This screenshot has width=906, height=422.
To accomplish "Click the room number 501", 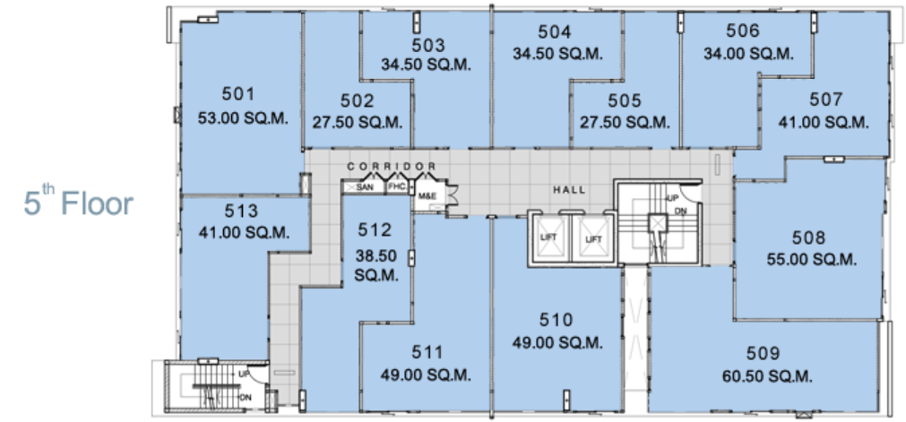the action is coord(238,94).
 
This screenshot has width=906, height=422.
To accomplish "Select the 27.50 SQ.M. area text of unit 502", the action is coord(358,123).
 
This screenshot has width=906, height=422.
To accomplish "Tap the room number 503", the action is coord(428,45).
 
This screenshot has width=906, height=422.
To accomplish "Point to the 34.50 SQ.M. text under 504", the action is coord(558,53).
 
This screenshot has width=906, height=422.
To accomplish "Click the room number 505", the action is coord(625,101).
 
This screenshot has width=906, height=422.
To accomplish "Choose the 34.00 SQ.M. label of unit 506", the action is coord(748,53).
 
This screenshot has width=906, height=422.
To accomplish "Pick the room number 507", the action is coord(825,100).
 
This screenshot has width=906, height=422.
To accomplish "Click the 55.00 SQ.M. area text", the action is coord(811,260).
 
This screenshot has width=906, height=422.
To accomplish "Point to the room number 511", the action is coord(427,351).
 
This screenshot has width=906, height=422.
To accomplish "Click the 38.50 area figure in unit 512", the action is coord(376,252).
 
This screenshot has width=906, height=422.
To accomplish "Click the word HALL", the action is coord(569,190).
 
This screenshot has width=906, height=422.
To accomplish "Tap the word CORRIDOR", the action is coord(392,167).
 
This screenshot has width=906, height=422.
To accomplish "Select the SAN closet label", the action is coord(365,187).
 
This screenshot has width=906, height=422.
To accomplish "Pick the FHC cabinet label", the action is coord(396,187).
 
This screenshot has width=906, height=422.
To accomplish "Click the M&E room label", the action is coord(427,196).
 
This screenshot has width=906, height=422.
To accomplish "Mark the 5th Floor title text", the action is coord(79,202).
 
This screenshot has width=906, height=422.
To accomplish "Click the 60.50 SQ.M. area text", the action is coord(767,377).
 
